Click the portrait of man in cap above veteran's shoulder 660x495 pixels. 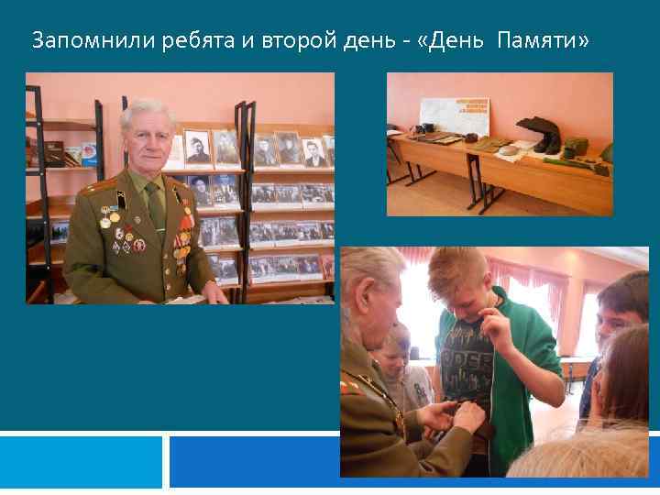pos(197,147)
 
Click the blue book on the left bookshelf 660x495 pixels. pos(88,152)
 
